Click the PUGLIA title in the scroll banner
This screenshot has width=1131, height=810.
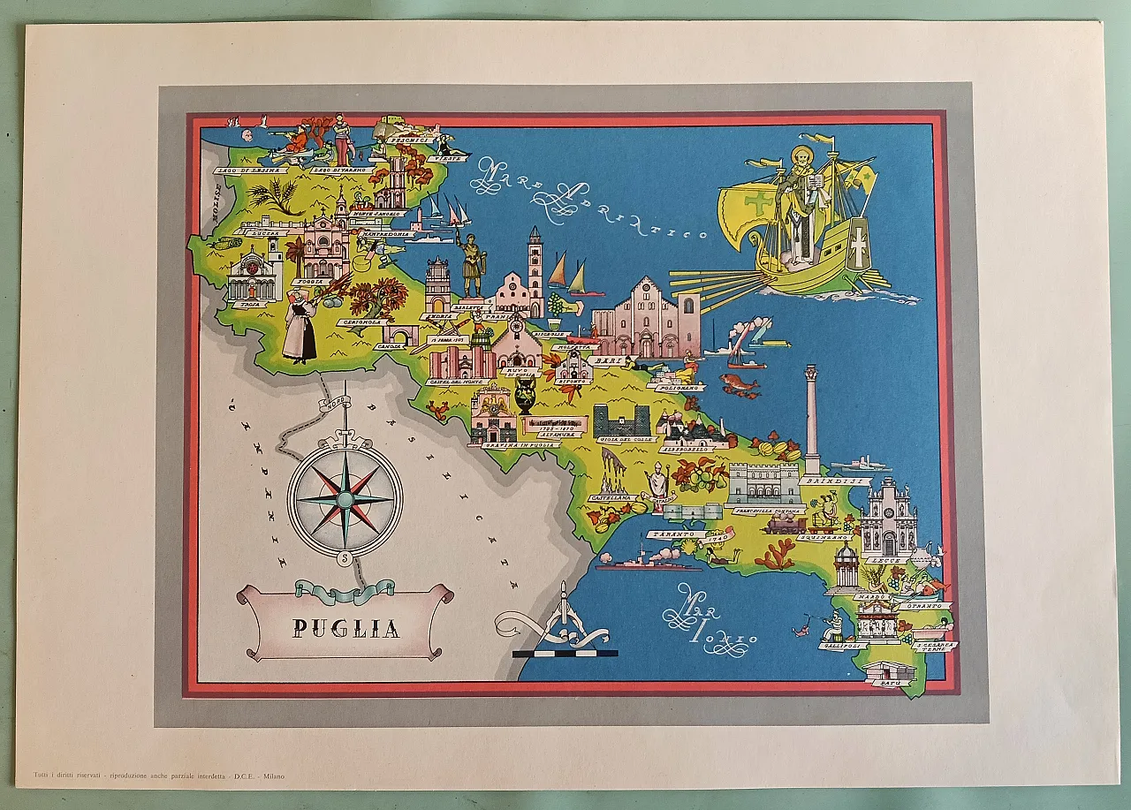pos(346,628)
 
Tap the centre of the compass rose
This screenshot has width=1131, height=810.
pos(344,500)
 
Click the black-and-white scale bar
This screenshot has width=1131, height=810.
pos(565,654)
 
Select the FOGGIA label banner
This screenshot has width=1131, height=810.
pos(308,283)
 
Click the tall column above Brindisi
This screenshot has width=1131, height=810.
pos(811,420)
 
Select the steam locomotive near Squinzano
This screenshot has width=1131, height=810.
pos(786,525)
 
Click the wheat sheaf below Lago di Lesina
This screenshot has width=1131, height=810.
pos(276,195)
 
